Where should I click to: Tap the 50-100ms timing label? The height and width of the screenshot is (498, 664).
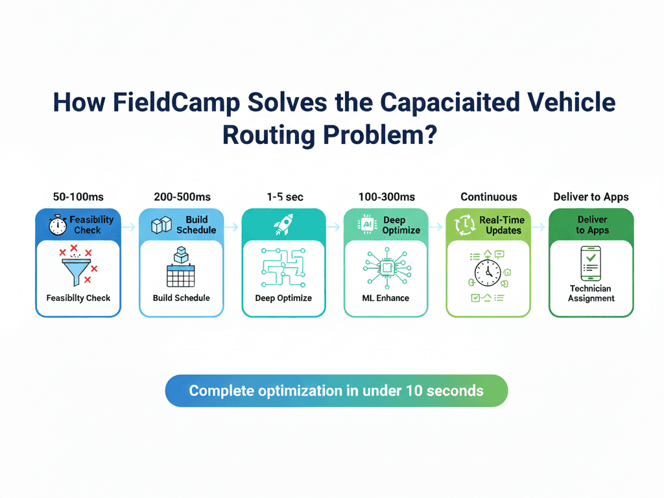[78, 197]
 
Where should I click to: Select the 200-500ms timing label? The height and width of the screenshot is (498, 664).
[182, 197]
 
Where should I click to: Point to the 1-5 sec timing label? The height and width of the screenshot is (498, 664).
[285, 197]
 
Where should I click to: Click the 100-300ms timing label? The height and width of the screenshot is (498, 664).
[386, 197]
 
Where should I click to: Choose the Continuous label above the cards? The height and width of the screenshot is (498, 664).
[489, 197]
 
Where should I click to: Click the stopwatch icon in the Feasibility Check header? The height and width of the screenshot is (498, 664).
[58, 225]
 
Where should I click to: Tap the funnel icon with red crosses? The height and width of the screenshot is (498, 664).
[78, 265]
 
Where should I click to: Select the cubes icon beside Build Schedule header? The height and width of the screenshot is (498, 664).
[161, 225]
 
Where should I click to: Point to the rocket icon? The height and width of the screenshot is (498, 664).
[283, 224]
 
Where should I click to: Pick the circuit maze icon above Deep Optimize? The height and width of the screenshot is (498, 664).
[283, 268]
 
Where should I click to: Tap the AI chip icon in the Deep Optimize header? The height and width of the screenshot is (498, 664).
[367, 224]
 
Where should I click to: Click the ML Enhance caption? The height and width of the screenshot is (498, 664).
[386, 298]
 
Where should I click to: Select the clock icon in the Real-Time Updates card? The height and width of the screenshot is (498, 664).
[488, 273]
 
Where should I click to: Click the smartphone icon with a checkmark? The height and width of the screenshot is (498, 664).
[591, 263]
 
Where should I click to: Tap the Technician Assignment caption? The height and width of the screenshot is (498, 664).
[591, 294]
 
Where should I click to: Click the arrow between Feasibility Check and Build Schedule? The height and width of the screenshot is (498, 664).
[129, 228]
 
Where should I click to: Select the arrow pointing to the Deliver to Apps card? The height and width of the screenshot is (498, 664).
[539, 228]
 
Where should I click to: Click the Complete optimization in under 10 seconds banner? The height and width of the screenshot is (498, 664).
[337, 391]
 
